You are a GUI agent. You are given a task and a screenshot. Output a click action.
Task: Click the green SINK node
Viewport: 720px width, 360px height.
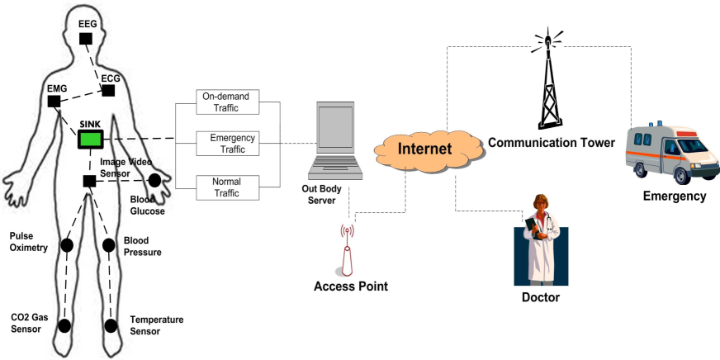[x=90, y=140]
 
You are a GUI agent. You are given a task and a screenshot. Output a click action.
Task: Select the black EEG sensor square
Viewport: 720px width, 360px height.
[x=85, y=39]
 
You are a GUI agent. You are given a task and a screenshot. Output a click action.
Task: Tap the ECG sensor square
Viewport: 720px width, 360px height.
[x=108, y=91]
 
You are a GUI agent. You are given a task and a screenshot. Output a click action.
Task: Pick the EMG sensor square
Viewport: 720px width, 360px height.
[x=54, y=102]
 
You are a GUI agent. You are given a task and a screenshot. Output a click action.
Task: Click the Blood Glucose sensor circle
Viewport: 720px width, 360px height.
[x=154, y=181]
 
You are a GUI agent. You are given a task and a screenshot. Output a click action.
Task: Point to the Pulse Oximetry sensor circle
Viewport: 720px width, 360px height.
[x=67, y=245]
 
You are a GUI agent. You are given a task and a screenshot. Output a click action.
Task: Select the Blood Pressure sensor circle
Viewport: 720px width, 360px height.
[x=108, y=245]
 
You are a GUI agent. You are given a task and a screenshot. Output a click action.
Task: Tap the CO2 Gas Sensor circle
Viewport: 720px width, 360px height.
[x=64, y=325]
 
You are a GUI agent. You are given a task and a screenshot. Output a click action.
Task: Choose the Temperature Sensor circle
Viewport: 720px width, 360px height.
[x=111, y=325]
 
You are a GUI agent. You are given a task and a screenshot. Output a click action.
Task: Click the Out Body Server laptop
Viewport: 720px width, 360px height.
[x=335, y=140]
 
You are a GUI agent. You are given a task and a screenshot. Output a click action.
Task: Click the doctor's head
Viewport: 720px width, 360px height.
[x=541, y=202]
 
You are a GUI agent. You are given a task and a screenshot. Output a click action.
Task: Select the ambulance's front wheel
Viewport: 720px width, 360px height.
[x=683, y=175]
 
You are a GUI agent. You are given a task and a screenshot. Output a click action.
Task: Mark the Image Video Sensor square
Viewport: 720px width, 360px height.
[x=89, y=181]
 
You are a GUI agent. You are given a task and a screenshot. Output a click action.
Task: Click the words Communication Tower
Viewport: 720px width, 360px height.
[x=551, y=143]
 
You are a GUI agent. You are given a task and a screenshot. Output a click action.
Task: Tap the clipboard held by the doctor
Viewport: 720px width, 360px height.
[x=532, y=227]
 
